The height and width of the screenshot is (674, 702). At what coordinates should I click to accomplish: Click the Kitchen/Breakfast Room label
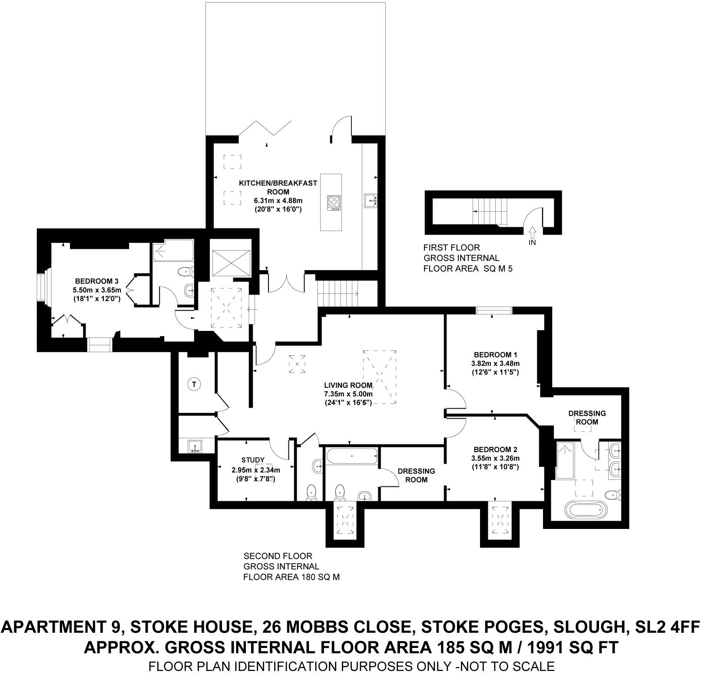278,187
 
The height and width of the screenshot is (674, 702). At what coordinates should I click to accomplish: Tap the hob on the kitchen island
334,202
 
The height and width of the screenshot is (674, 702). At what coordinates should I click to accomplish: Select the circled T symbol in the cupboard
194,384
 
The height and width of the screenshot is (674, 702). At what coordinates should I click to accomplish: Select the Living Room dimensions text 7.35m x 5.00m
348,394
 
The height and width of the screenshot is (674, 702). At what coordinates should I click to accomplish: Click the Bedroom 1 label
495,354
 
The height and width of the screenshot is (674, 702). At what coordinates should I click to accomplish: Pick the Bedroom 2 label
495,449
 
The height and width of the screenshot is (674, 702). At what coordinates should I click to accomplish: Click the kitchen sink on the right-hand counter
371,201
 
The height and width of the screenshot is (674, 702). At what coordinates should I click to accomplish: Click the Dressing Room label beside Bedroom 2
416,475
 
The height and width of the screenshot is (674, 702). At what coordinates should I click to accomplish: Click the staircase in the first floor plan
489,211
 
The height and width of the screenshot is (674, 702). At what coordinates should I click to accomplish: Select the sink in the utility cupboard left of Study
196,446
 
